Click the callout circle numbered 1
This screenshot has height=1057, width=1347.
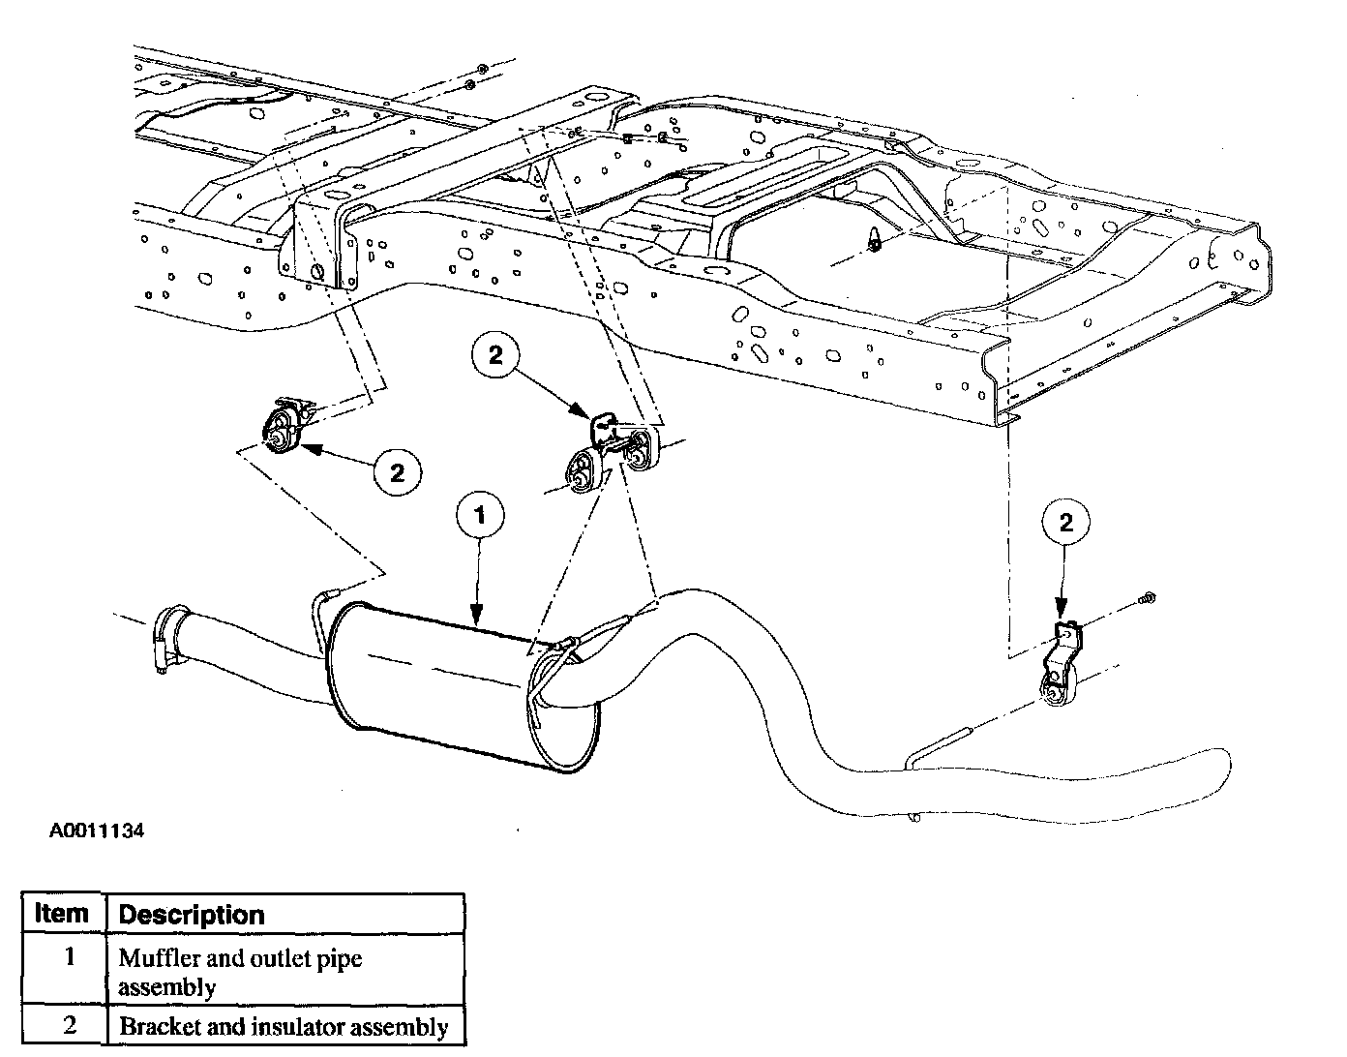(x=481, y=515)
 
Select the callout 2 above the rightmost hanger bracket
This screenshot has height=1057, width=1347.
(x=1066, y=524)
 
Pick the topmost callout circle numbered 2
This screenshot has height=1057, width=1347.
(x=495, y=355)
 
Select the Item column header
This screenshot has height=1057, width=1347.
(x=62, y=913)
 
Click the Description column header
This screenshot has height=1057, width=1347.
(x=191, y=915)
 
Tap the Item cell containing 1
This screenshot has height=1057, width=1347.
(x=69, y=958)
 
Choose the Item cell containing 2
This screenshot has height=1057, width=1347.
(x=69, y=1025)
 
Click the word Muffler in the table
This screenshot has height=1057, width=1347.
(x=154, y=958)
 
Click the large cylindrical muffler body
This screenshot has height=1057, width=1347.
(x=435, y=687)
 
